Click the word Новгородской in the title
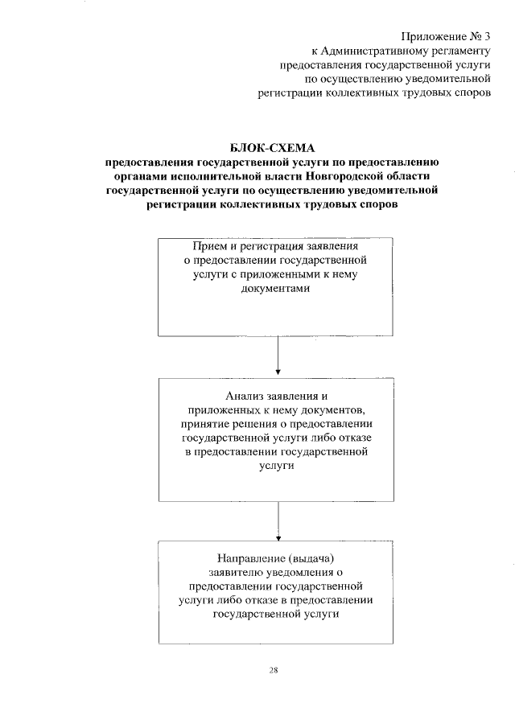(345, 176)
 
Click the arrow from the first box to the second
(278, 356)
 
